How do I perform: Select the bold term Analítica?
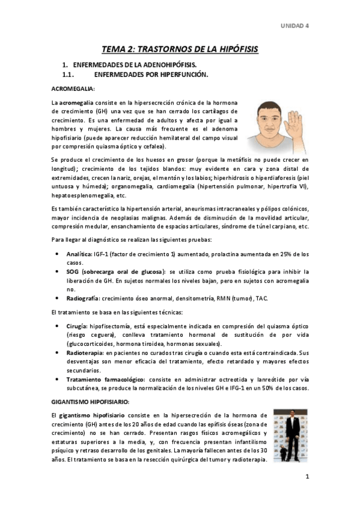(79, 254)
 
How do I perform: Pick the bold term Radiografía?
(83, 298)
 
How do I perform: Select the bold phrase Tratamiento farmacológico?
(106, 379)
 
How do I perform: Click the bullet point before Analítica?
(56, 254)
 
